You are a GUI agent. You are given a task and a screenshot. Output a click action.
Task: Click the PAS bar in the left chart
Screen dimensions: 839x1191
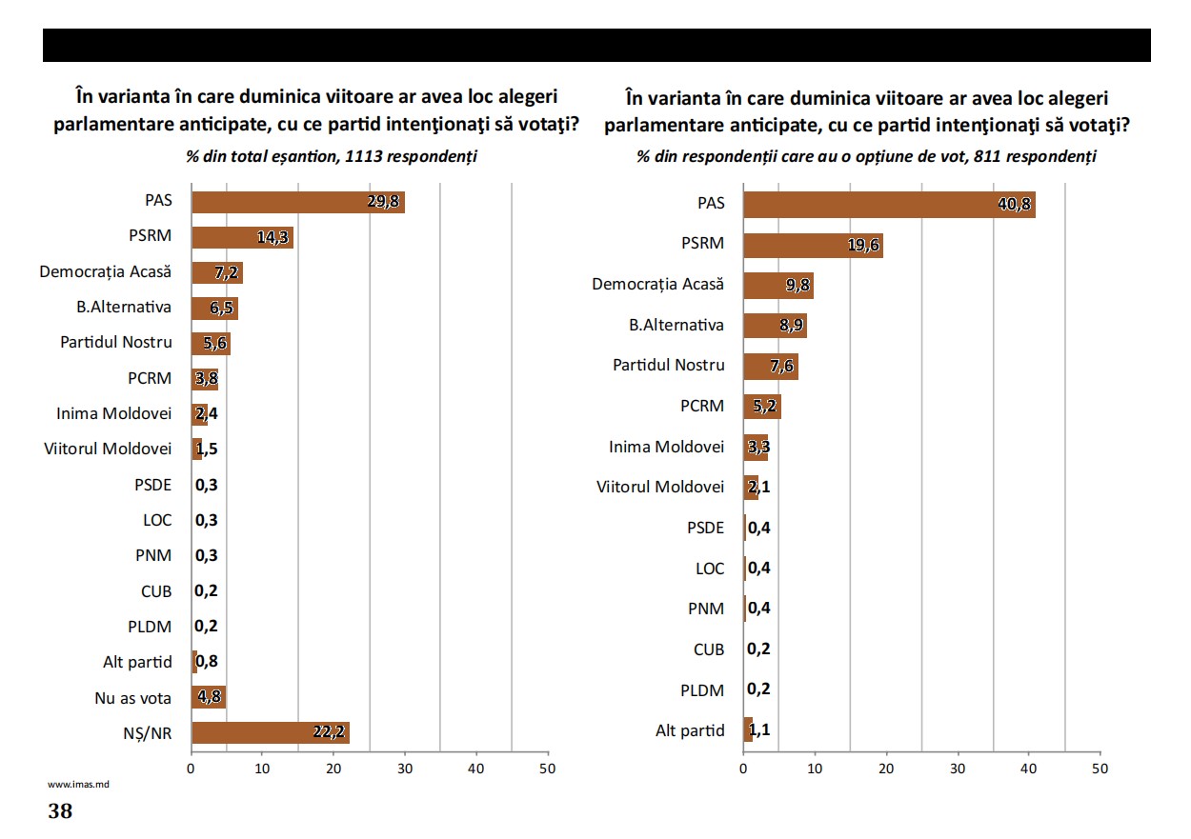(x=297, y=202)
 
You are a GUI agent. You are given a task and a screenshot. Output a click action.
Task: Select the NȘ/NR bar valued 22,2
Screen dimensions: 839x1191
(x=271, y=732)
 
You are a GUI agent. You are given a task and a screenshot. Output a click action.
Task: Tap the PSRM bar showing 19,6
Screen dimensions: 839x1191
(x=812, y=246)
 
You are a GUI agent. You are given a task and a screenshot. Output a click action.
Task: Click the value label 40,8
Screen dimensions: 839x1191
(x=1014, y=205)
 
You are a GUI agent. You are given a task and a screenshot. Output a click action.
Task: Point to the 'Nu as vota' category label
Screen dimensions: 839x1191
(x=134, y=698)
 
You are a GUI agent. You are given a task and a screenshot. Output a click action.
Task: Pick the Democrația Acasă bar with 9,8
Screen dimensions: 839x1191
(x=777, y=286)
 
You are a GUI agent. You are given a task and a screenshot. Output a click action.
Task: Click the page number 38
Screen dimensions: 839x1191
(x=60, y=812)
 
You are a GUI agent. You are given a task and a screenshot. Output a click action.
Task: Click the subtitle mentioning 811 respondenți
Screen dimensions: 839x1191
(x=866, y=156)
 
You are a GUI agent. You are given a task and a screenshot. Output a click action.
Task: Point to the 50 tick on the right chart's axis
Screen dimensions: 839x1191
(x=1100, y=769)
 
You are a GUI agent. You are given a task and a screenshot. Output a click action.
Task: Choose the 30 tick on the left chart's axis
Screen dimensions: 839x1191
(x=405, y=768)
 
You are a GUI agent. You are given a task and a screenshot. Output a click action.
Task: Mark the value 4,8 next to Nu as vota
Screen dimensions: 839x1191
(x=210, y=697)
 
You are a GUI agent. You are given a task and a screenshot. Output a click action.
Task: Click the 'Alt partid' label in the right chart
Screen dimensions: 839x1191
(x=690, y=731)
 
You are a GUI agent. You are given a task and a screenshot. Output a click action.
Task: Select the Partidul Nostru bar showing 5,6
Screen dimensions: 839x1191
(x=211, y=344)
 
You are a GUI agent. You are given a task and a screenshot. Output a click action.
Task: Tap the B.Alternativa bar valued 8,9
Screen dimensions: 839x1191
(x=775, y=326)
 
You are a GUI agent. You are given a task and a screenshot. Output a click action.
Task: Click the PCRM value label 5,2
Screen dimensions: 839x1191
(x=764, y=408)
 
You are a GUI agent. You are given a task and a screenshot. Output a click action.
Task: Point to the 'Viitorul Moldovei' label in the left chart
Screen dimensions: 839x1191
(x=108, y=449)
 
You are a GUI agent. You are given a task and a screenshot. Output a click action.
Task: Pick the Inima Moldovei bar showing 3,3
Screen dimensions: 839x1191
(x=755, y=448)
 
